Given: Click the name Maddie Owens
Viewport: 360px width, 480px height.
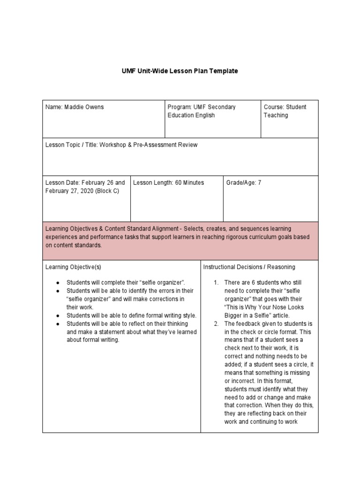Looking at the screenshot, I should (75, 107).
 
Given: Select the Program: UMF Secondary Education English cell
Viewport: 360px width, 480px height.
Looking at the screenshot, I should (202, 111).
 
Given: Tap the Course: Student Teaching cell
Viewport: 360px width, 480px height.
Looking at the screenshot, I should (285, 111).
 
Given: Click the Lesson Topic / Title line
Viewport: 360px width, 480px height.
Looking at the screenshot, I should (121, 145).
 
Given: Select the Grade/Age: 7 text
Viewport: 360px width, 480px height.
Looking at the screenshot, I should (244, 183).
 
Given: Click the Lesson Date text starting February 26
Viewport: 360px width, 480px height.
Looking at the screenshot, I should (85, 187).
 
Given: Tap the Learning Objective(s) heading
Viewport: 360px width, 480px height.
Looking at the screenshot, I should (73, 267).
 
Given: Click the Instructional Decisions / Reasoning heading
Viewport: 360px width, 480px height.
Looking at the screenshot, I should (249, 267).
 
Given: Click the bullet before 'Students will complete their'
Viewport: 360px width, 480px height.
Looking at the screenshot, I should (57, 282).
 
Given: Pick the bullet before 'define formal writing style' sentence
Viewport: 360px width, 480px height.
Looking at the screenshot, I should (57, 316).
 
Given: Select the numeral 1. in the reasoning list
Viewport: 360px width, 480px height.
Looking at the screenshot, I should (216, 282).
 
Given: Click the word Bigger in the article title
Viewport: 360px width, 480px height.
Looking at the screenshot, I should (234, 316).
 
